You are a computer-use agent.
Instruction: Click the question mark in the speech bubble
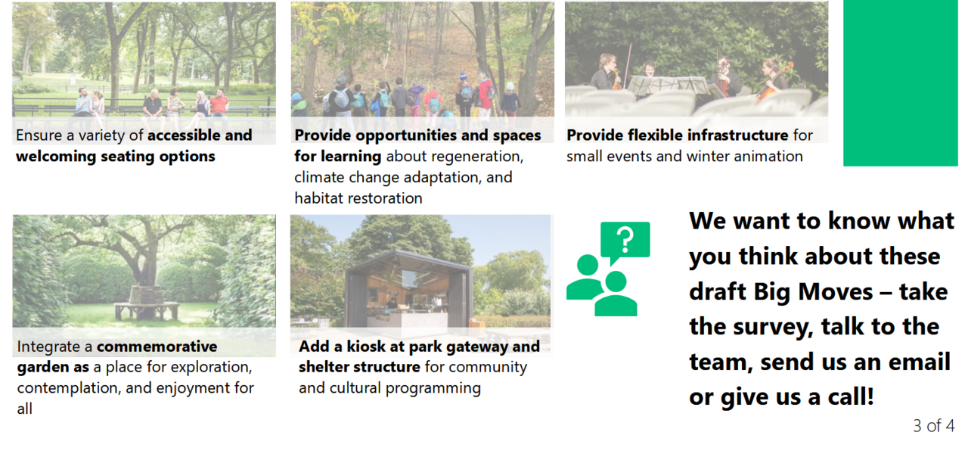point(625,240)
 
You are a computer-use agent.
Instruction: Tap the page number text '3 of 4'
point(933,426)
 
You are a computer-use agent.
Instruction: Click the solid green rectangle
point(900,83)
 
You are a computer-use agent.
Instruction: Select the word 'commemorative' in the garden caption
point(157,347)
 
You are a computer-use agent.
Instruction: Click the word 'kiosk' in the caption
point(366,347)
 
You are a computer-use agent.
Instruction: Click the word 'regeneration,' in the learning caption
point(455,157)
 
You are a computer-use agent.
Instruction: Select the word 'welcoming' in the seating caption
point(56,157)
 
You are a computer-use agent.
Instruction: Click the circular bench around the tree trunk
point(146,308)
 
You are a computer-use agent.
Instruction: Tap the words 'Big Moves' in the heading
point(813,292)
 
